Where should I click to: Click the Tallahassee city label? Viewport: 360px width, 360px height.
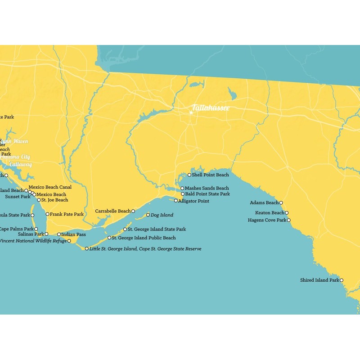click(211, 108)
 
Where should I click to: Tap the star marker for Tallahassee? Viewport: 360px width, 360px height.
click(191, 112)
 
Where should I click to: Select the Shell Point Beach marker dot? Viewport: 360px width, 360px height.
click(189, 175)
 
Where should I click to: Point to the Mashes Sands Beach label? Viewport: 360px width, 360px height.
click(207, 188)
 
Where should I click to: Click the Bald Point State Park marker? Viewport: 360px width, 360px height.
click(183, 194)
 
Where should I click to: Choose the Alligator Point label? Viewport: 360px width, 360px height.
click(193, 201)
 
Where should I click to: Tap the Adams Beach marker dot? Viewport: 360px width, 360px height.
click(281, 203)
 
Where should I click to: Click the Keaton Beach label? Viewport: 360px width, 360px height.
click(270, 213)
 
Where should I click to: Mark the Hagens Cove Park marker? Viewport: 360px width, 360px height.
click(289, 220)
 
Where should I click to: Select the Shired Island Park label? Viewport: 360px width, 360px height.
click(319, 280)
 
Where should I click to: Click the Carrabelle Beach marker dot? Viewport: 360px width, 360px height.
click(133, 211)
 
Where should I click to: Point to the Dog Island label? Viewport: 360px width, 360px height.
click(162, 215)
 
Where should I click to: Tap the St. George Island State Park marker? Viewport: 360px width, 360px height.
click(125, 229)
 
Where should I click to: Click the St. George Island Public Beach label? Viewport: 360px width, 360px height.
click(144, 238)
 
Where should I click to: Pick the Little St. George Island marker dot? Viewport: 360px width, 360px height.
click(87, 248)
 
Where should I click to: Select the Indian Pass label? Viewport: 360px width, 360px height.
click(73, 234)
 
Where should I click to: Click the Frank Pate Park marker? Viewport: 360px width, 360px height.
click(47, 214)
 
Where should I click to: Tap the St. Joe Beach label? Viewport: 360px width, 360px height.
click(55, 200)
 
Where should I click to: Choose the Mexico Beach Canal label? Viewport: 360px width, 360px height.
click(50, 187)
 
